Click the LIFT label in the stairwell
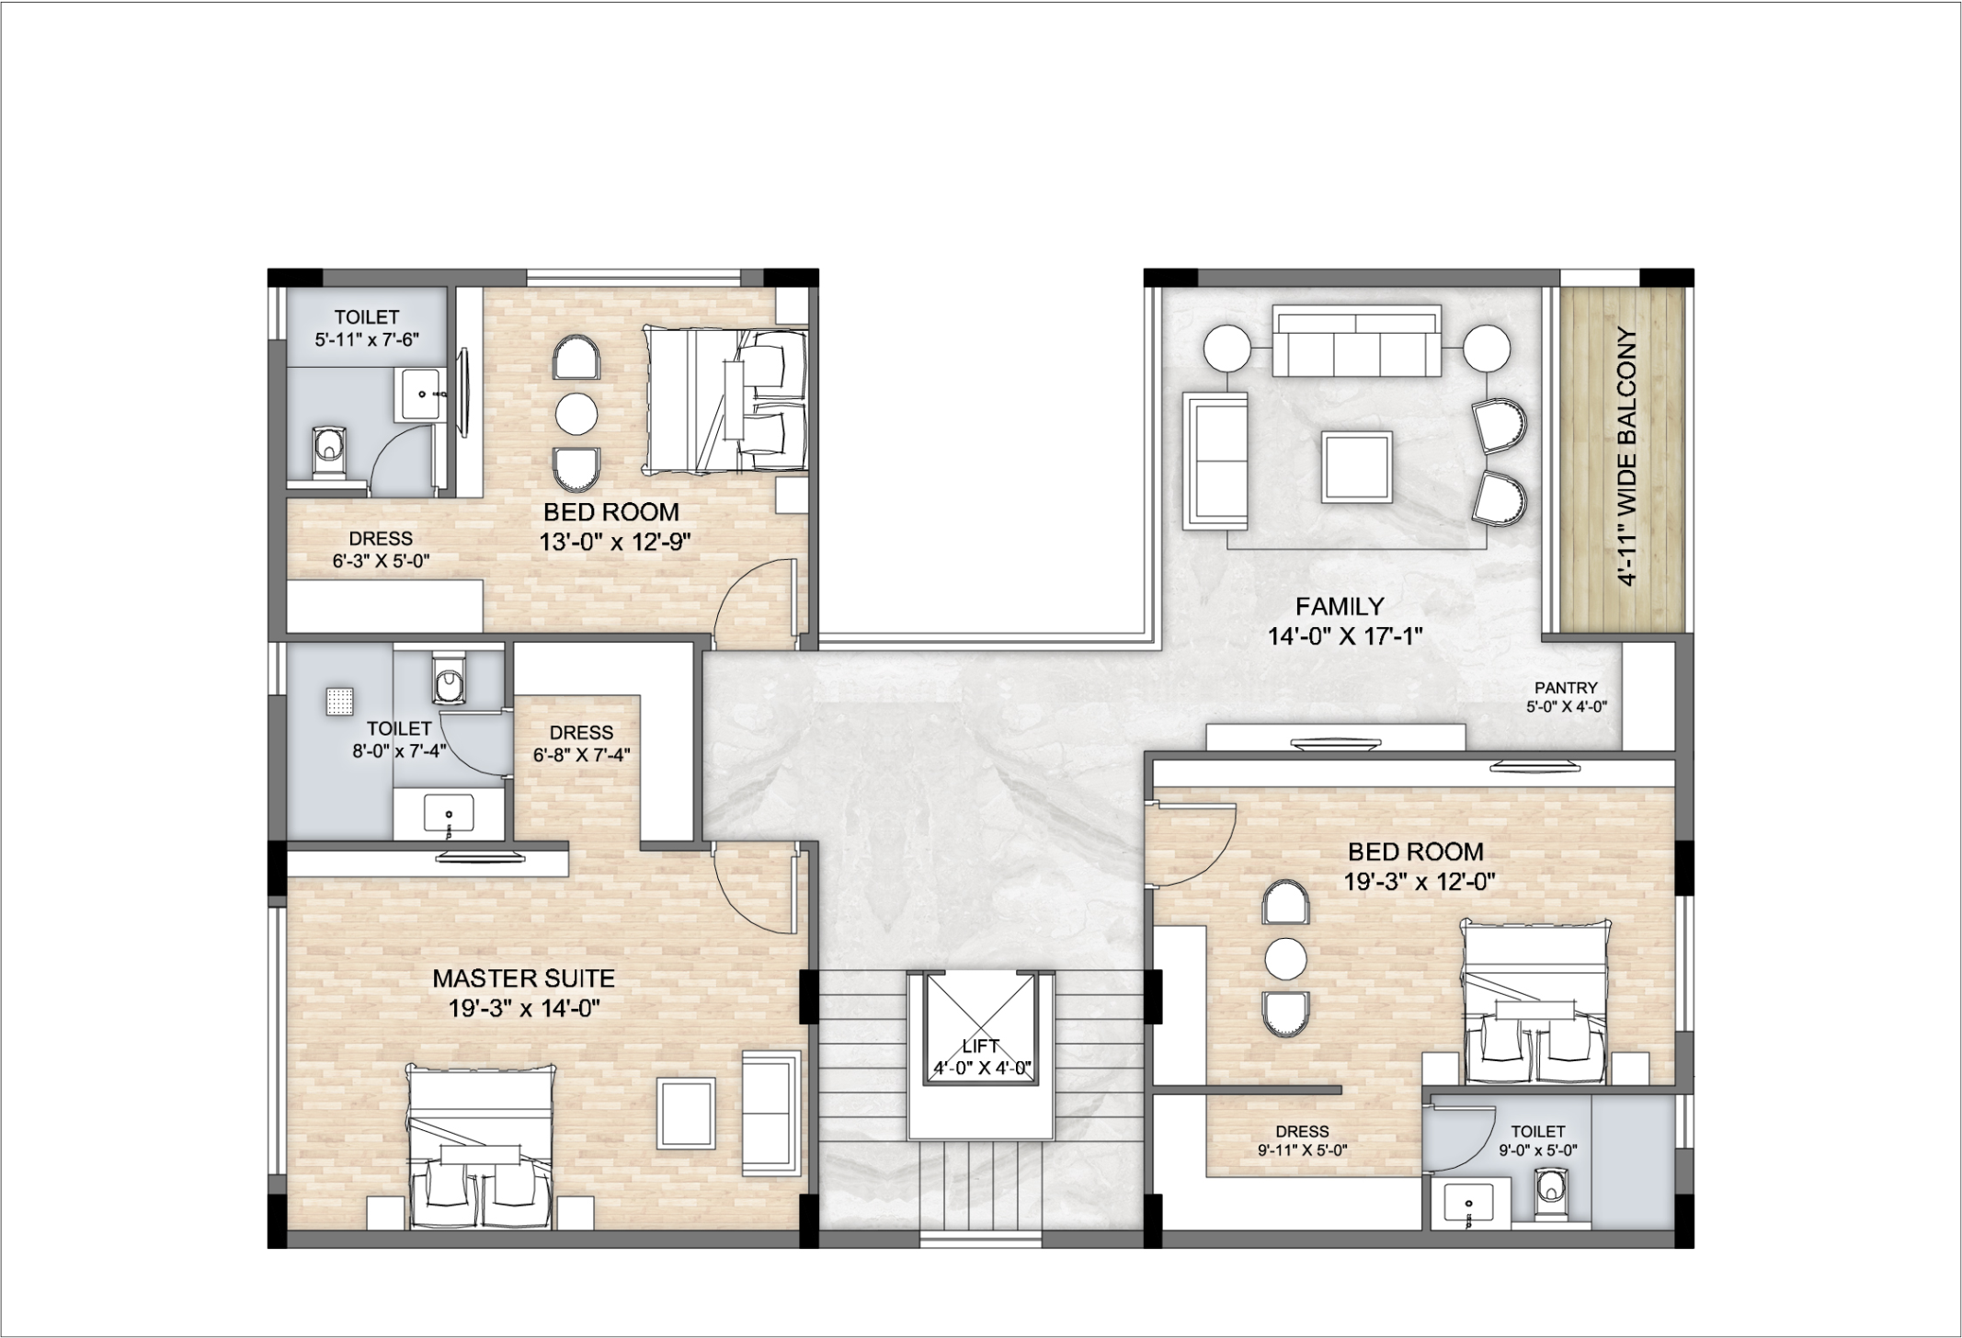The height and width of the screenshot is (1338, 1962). click(x=980, y=1046)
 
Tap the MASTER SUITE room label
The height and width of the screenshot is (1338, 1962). click(x=523, y=978)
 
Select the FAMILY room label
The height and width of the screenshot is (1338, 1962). click(x=1340, y=606)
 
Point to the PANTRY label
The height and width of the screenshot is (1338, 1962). click(x=1566, y=687)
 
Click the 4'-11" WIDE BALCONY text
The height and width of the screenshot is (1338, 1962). click(x=1626, y=457)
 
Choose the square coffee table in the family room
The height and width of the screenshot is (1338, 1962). click(x=1356, y=466)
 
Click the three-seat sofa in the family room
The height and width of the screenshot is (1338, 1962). click(x=1356, y=341)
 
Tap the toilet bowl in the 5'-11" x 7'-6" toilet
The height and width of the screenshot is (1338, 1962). click(x=326, y=451)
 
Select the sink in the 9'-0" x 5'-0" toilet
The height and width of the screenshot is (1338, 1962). click(x=1468, y=1205)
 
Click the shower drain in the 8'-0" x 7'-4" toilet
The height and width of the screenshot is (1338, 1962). click(x=341, y=702)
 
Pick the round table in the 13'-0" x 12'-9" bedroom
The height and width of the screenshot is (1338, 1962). click(x=576, y=414)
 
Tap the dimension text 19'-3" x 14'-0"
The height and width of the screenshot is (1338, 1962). click(x=524, y=1009)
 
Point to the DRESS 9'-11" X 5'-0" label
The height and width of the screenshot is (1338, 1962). click(x=1302, y=1140)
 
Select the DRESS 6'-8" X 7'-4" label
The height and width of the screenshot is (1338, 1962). click(x=581, y=744)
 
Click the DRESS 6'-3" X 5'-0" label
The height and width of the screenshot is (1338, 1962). click(x=381, y=549)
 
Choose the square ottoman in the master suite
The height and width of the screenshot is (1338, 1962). click(x=686, y=1114)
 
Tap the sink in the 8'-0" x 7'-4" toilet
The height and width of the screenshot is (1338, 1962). click(x=449, y=813)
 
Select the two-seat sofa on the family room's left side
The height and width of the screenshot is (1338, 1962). click(x=1215, y=461)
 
